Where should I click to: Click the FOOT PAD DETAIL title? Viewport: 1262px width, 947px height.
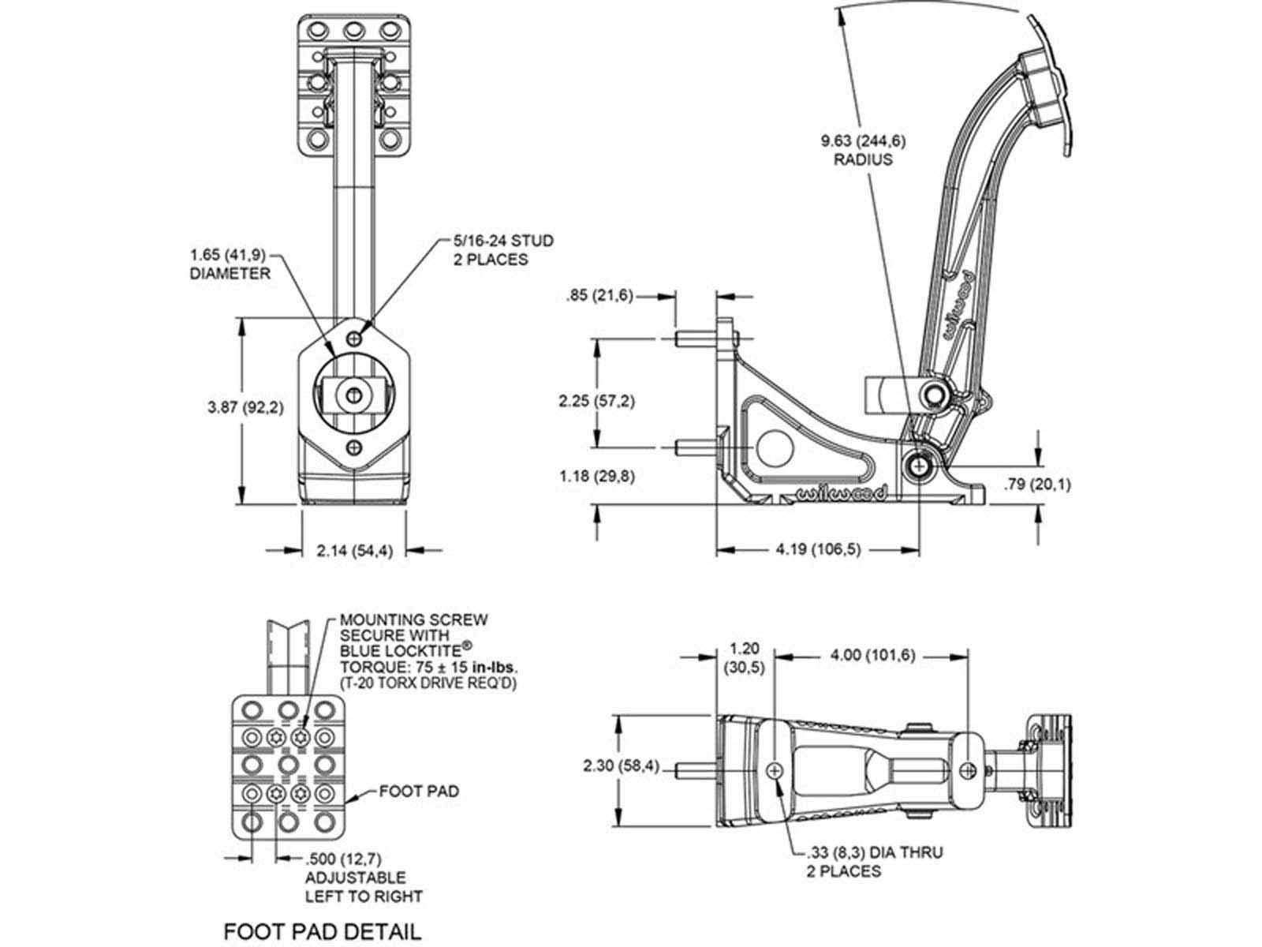(x=323, y=908)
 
